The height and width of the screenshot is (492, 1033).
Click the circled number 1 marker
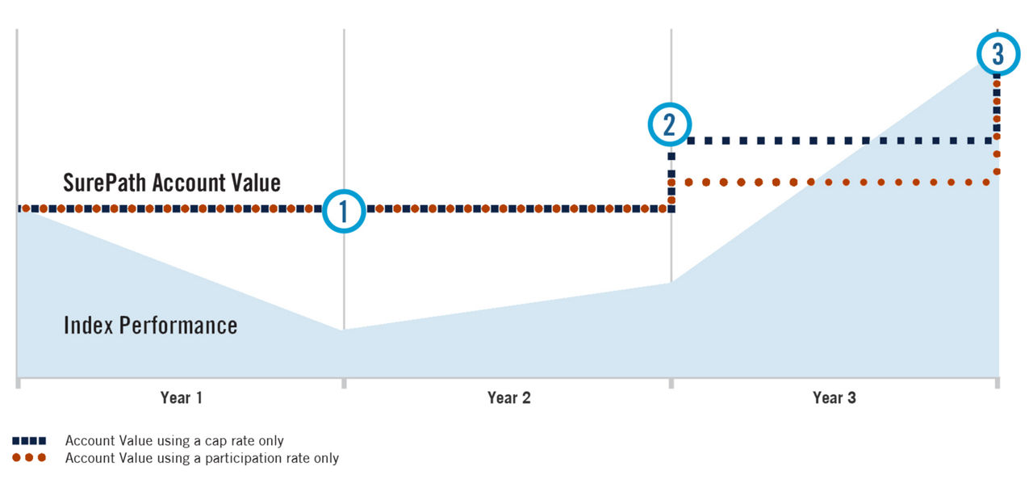(x=344, y=212)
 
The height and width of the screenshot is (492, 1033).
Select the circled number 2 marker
(x=670, y=124)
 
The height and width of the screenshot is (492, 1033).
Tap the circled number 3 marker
(x=998, y=54)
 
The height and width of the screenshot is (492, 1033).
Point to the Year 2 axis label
(x=509, y=397)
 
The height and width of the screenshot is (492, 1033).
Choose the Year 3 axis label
(x=834, y=397)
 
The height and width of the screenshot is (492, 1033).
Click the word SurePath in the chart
(x=105, y=183)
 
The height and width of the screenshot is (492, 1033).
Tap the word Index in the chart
(x=88, y=326)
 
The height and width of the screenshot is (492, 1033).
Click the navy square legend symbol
(x=29, y=441)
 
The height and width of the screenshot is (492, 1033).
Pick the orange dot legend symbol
(x=29, y=458)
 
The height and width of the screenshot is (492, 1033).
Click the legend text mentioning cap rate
(x=174, y=441)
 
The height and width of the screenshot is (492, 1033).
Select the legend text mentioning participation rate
(x=202, y=458)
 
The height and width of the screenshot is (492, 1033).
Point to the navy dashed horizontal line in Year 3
(x=839, y=141)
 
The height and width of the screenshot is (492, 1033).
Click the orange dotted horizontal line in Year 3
(x=839, y=183)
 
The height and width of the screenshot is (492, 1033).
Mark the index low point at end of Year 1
(x=344, y=330)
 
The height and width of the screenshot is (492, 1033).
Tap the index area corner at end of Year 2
(x=671, y=283)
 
